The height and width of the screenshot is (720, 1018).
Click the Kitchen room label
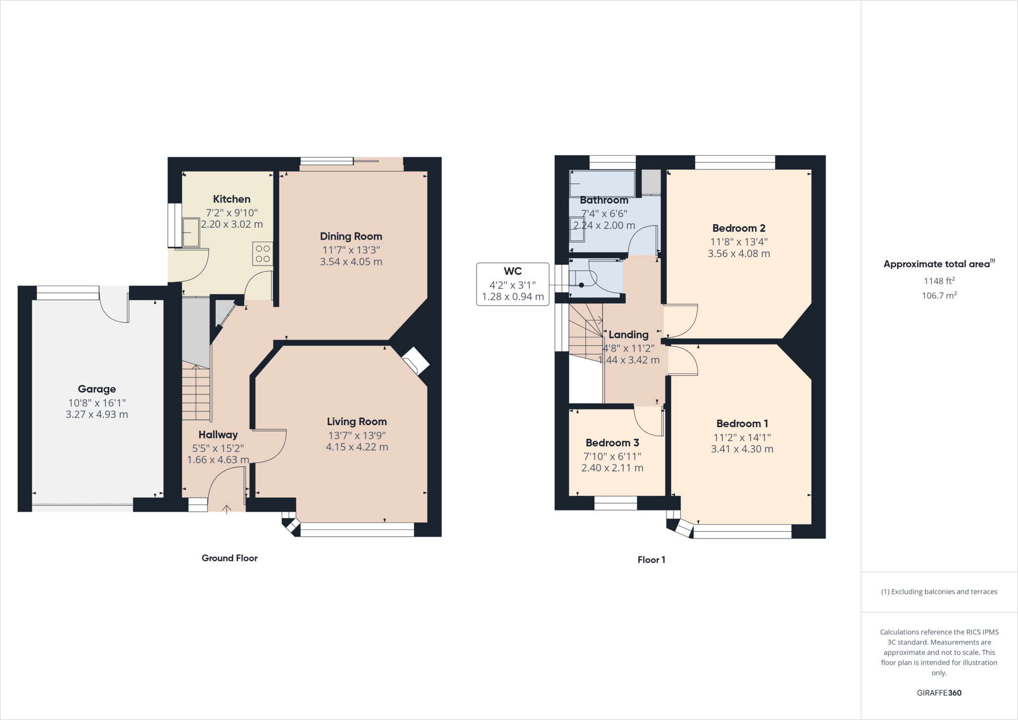(232, 199)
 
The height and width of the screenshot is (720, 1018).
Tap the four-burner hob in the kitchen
(262, 254)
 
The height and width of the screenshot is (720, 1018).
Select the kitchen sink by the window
(191, 232)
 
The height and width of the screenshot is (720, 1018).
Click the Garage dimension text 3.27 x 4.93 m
(97, 415)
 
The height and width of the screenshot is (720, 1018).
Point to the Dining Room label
(351, 237)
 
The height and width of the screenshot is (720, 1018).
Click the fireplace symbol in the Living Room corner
(415, 360)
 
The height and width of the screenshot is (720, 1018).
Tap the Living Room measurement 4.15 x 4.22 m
(357, 447)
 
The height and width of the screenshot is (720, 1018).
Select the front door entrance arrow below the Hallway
(227, 509)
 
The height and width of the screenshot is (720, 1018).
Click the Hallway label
(218, 435)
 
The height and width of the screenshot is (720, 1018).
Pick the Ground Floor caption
(230, 558)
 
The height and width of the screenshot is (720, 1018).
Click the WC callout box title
(512, 271)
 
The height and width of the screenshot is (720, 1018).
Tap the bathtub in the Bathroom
(602, 183)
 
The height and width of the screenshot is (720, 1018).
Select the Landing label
(628, 335)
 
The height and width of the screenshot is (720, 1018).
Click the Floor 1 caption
(651, 560)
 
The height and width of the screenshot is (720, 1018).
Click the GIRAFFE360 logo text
(939, 693)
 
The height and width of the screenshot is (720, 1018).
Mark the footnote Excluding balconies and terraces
(939, 592)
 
